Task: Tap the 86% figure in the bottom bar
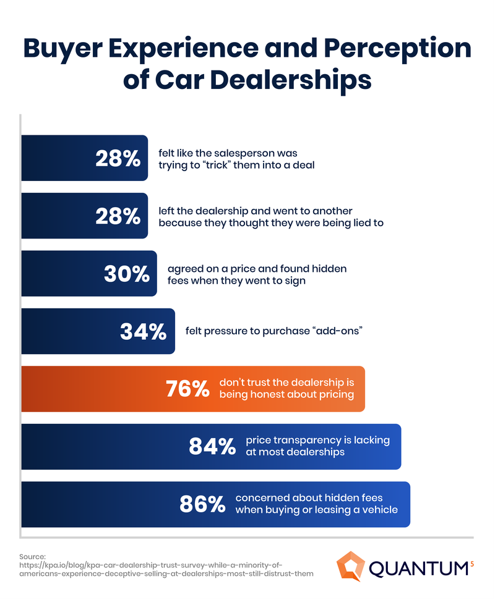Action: [x=202, y=504]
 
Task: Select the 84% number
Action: [x=212, y=447]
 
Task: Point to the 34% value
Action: [x=143, y=332]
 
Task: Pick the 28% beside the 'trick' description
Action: [x=118, y=159]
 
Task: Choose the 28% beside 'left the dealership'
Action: [x=118, y=216]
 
